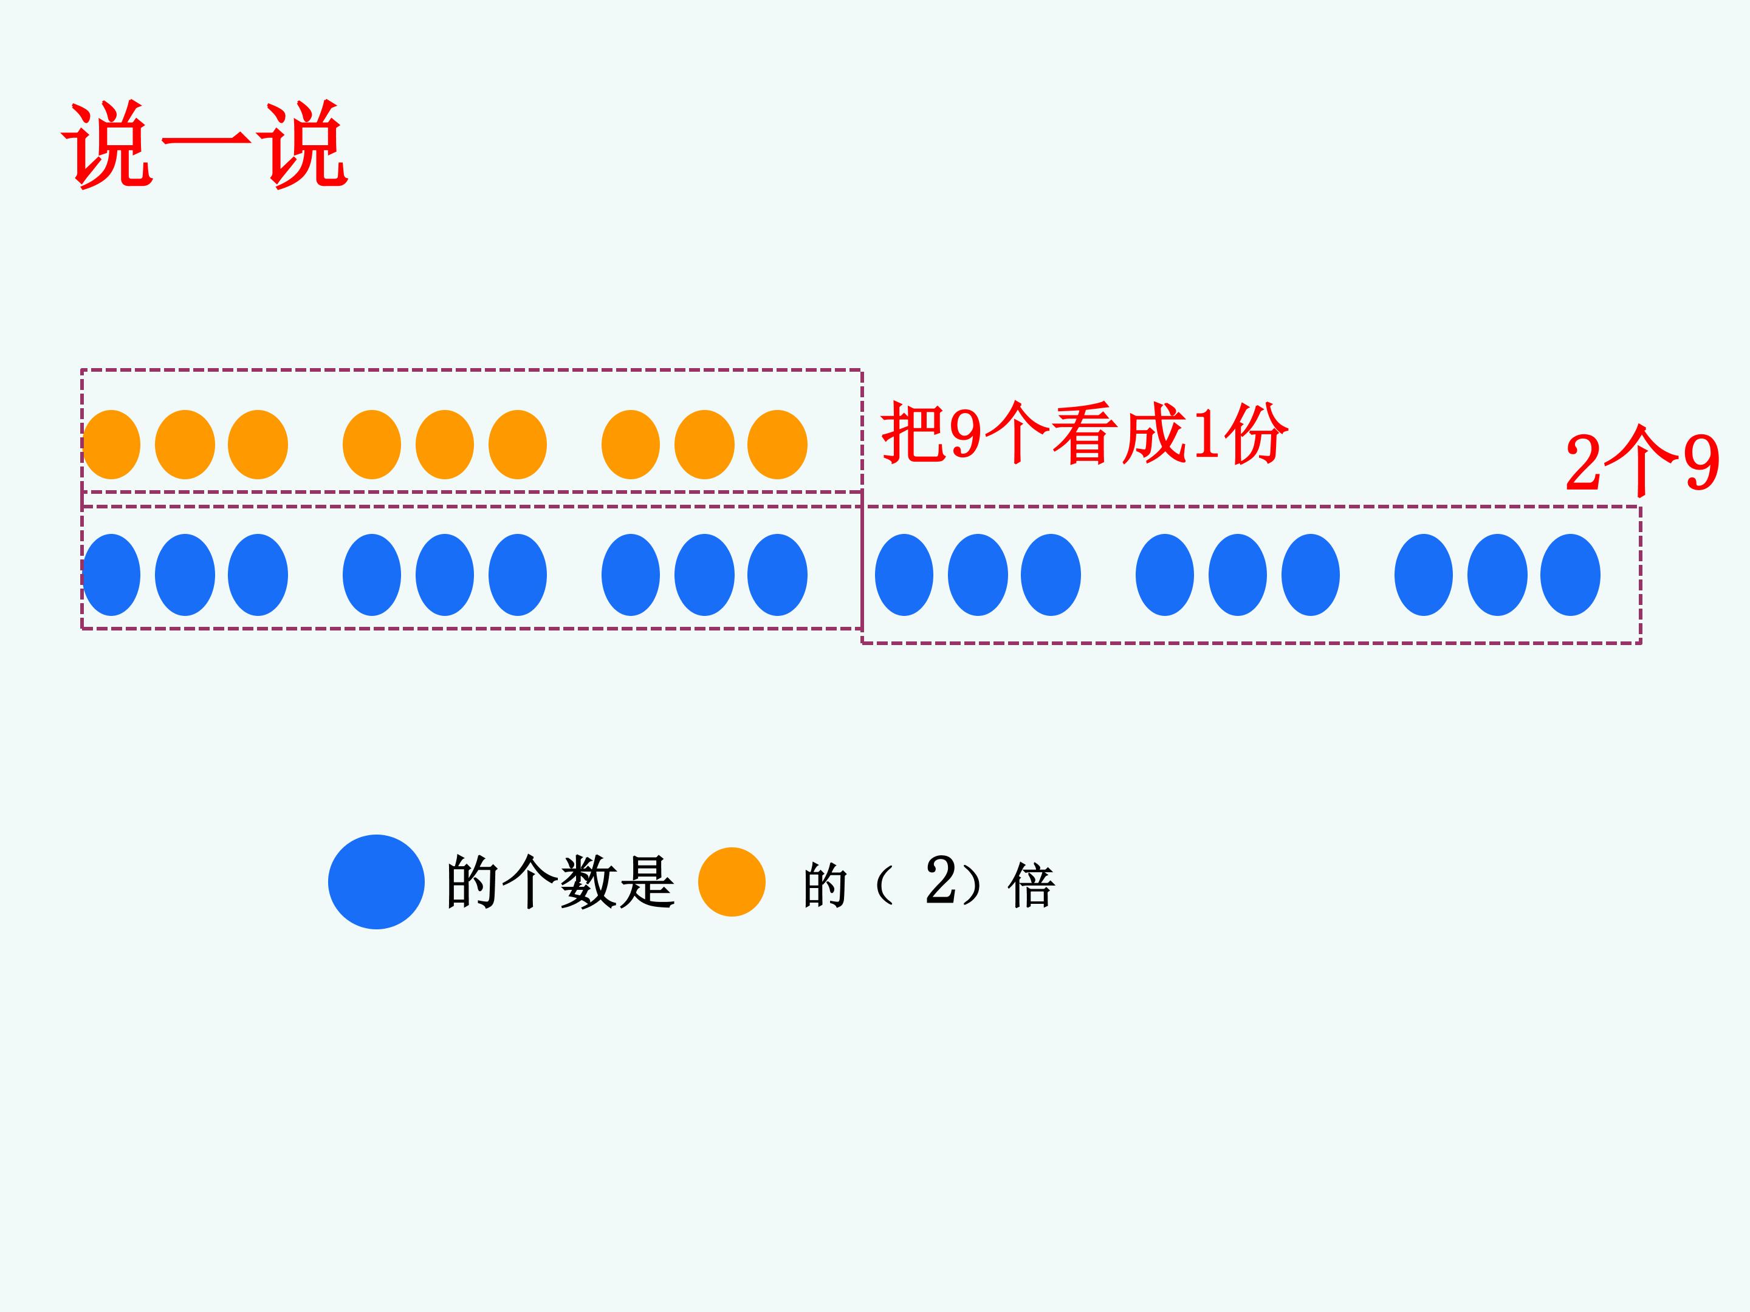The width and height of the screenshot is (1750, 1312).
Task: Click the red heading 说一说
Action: pyautogui.click(x=205, y=145)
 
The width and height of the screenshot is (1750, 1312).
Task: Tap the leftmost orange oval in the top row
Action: pyautogui.click(x=112, y=445)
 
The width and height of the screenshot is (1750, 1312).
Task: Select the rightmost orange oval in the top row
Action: pyautogui.click(x=778, y=445)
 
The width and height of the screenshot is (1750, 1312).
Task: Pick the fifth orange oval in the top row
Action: pyautogui.click(x=445, y=445)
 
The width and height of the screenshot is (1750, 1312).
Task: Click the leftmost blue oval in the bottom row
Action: pyautogui.click(x=112, y=575)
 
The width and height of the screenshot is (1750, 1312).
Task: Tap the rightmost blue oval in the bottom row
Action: pyautogui.click(x=1570, y=575)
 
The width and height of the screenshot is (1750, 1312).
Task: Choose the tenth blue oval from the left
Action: pyautogui.click(x=904, y=575)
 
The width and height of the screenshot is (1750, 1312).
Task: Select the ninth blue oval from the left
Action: pyautogui.click(x=778, y=575)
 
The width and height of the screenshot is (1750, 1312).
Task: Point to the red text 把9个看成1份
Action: pyautogui.click(x=1085, y=433)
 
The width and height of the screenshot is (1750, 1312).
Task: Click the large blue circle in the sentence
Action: pyautogui.click(x=377, y=882)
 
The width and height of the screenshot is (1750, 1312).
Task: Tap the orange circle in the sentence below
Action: pyautogui.click(x=732, y=882)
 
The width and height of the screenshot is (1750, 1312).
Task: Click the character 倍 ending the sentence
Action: pyautogui.click(x=1031, y=886)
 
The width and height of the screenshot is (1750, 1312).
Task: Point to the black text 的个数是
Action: pyautogui.click(x=560, y=882)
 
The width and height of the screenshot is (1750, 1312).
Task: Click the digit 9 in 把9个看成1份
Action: pyautogui.click(x=966, y=434)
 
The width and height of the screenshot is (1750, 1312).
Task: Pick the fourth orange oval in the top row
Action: pyautogui.click(x=372, y=445)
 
